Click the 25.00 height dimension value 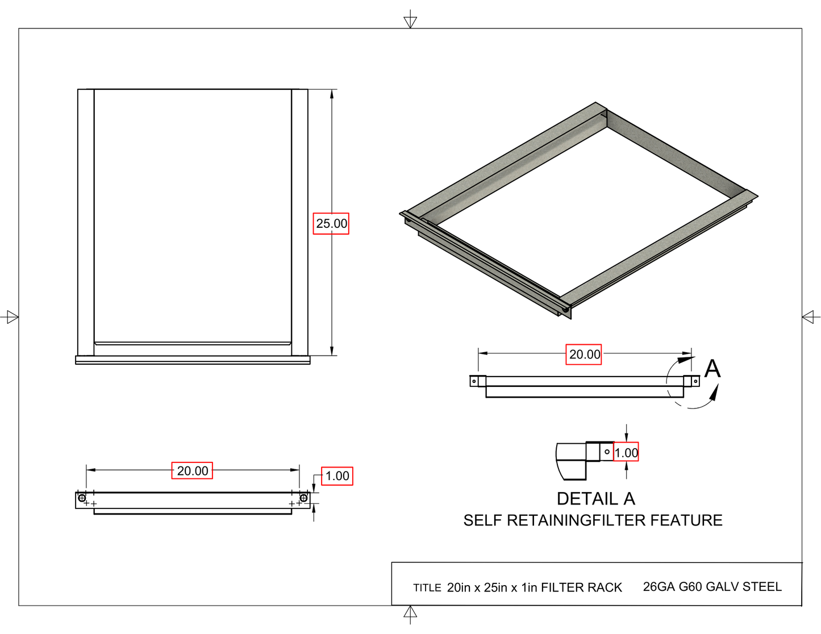(x=331, y=223)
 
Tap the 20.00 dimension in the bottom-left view (x=192, y=471)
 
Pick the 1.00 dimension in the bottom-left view (x=337, y=476)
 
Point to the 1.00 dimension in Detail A (x=626, y=453)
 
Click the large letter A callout (x=712, y=369)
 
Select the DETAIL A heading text (x=595, y=499)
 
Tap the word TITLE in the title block (x=427, y=588)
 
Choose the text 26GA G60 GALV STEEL (x=712, y=587)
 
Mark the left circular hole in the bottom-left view (x=82, y=498)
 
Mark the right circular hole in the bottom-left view (x=303, y=498)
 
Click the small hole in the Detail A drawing (x=607, y=452)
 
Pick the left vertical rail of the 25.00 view (x=86, y=222)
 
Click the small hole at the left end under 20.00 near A (x=474, y=381)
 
